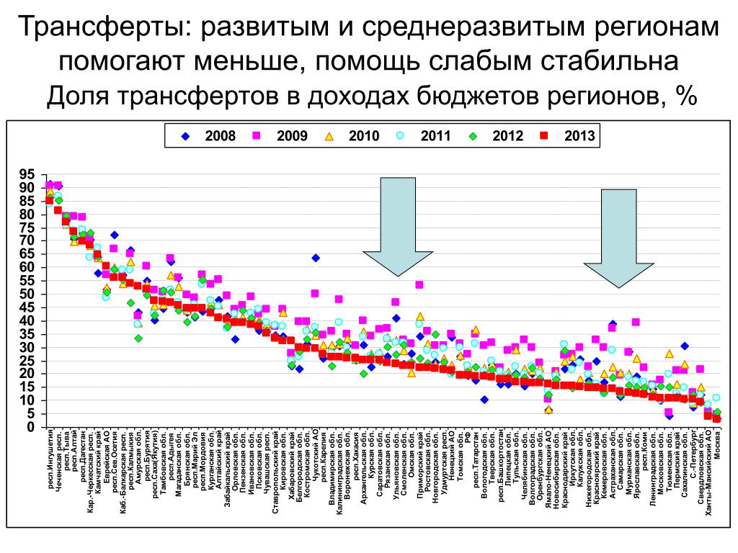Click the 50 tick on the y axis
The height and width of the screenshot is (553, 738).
click(27, 294)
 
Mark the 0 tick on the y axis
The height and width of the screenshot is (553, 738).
click(31, 427)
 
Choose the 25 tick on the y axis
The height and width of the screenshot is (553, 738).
click(27, 360)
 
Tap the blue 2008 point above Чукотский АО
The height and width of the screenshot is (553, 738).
click(315, 258)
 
